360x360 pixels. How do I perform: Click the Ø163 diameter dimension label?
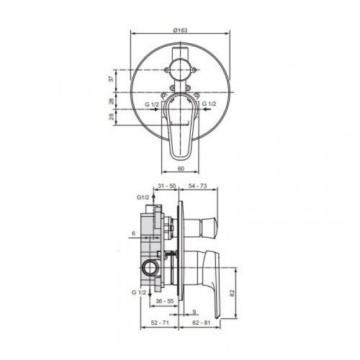point(180,30)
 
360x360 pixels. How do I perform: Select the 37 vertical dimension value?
point(111,78)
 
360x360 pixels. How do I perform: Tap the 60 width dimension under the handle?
point(181,168)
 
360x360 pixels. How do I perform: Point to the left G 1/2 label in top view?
point(152,104)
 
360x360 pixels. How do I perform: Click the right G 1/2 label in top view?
point(209,104)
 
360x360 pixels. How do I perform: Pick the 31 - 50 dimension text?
point(167,186)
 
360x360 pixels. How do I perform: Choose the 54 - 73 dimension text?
point(198,186)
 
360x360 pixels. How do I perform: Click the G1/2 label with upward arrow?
point(143,197)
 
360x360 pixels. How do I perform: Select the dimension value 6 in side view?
point(134,233)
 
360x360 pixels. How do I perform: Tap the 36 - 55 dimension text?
point(165,301)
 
